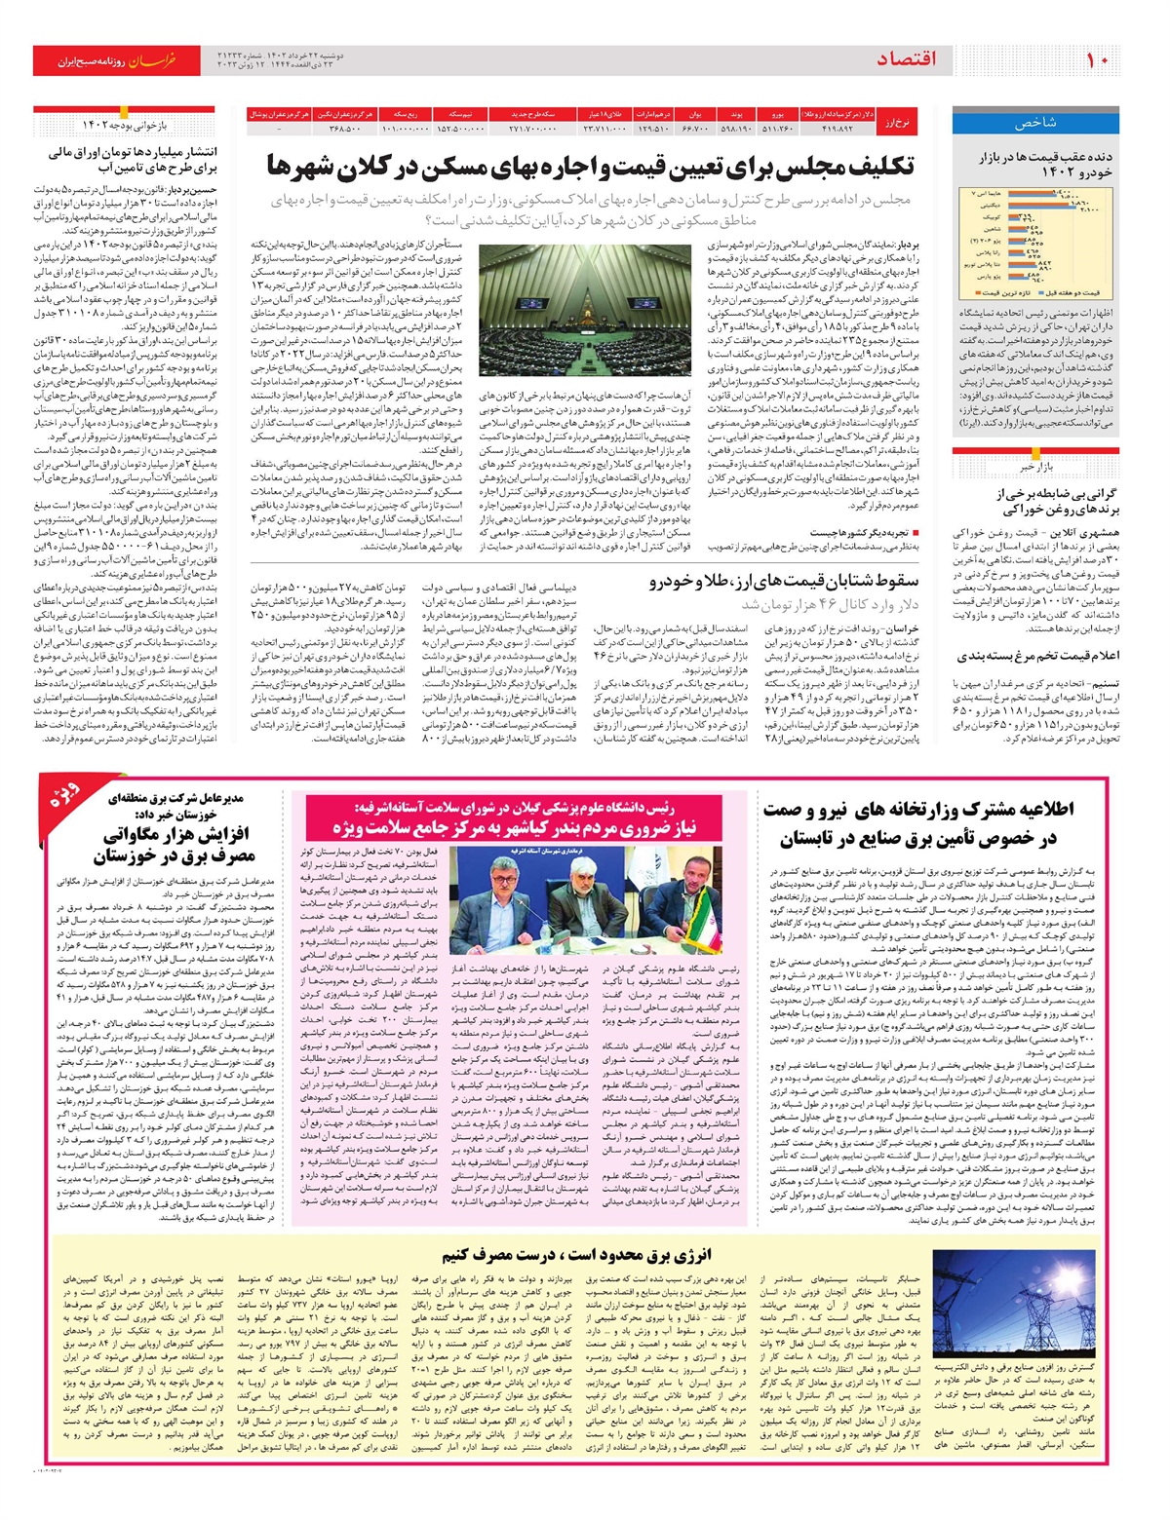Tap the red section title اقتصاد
(906, 60)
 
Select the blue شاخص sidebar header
(1034, 123)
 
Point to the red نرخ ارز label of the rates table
(897, 122)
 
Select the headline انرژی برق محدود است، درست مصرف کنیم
(575, 1255)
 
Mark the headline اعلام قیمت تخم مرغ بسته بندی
(1037, 656)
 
